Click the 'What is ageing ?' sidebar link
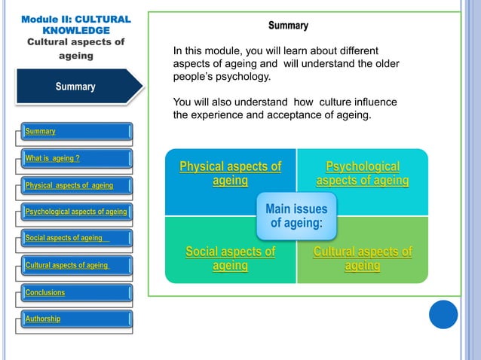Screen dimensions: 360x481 point(53,158)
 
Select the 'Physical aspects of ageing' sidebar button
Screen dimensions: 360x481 point(69,185)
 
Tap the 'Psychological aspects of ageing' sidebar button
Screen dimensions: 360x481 point(76,212)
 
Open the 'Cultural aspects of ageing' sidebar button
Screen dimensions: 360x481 point(67,265)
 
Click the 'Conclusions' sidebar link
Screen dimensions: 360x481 point(45,292)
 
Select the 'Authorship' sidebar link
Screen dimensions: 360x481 point(43,319)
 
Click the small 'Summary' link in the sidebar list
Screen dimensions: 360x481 point(41,132)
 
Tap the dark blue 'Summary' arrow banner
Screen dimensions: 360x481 point(75,87)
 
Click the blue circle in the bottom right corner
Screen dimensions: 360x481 point(443,314)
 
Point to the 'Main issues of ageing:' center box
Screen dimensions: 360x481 point(296,215)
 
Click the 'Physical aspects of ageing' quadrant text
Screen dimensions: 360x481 point(230,173)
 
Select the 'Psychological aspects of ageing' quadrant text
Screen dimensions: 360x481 point(363,173)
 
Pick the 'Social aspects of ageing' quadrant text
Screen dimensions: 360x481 point(230,258)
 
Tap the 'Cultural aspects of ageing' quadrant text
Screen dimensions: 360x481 point(363,258)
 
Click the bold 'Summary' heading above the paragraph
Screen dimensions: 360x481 point(288,26)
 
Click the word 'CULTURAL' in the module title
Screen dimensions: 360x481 point(101,19)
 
